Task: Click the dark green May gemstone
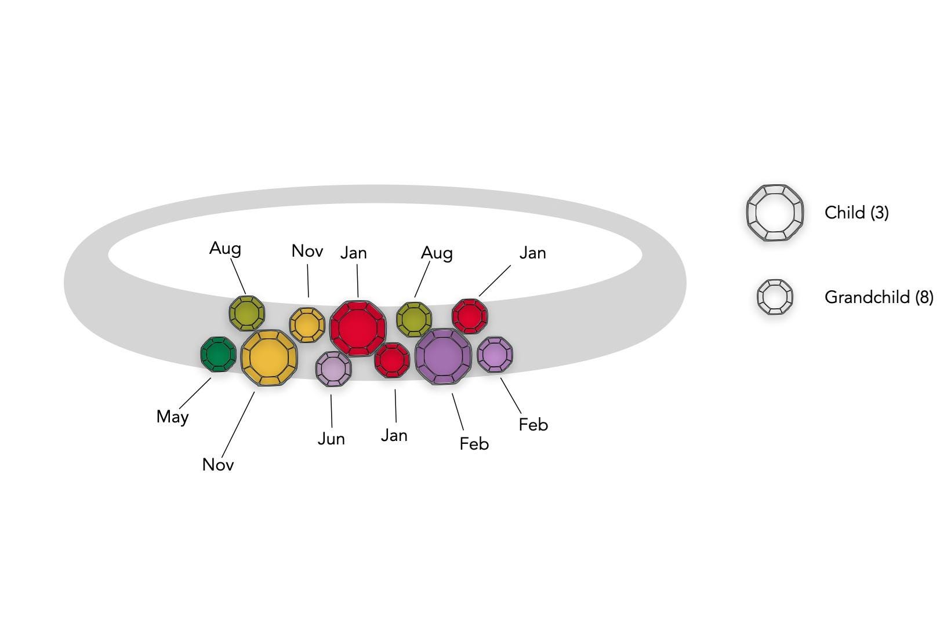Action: [218, 355]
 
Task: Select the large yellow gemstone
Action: [269, 358]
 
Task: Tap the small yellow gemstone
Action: [307, 325]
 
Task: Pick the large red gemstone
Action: [358, 329]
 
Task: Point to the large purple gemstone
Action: [443, 356]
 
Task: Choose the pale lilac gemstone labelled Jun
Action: [333, 369]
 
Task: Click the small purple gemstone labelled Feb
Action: [495, 355]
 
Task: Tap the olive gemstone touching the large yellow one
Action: [247, 313]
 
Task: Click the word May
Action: [172, 417]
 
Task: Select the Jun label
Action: [331, 439]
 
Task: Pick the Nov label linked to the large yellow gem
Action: [218, 465]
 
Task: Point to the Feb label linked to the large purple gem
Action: [474, 444]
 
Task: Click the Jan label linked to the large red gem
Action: [353, 253]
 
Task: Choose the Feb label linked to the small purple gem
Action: [533, 425]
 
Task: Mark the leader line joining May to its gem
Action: [195, 393]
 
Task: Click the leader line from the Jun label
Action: [332, 411]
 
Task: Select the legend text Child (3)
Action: [856, 213]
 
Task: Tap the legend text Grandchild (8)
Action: [879, 297]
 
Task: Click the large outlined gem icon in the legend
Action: [775, 213]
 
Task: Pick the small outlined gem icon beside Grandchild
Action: [775, 297]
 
